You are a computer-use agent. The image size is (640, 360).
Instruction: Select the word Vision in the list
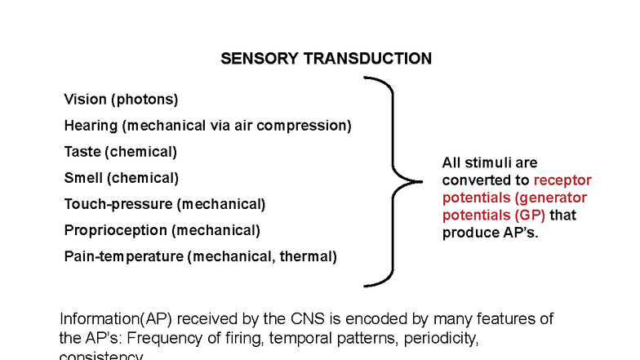[x=85, y=100]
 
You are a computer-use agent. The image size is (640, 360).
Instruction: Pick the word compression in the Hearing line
[x=304, y=126]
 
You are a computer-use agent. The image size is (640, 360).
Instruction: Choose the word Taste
[x=82, y=152]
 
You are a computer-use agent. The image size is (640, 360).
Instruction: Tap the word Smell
[x=83, y=178]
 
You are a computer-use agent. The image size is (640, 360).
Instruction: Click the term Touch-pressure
[x=118, y=204]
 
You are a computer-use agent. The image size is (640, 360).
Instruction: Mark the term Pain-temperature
[x=123, y=256]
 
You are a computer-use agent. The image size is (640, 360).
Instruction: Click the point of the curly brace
[x=419, y=181]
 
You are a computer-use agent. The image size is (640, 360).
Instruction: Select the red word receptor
[x=562, y=180]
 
